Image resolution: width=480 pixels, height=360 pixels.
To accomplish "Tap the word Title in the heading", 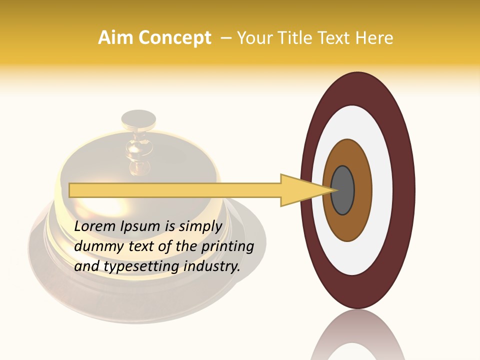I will pos(299,38).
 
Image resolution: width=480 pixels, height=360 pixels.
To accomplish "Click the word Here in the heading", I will pos(375,38).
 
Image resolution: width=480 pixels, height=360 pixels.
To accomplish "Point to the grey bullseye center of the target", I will pos(343,190).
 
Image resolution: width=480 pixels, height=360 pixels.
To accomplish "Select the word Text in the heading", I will pos(337,38).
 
